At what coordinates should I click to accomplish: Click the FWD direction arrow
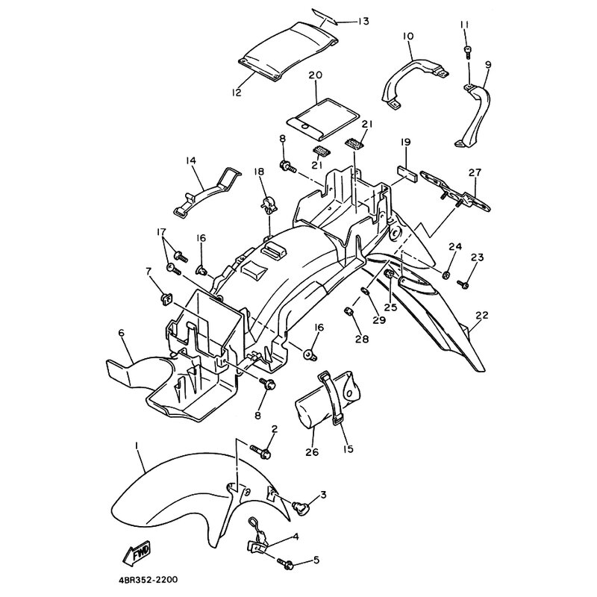click(137, 553)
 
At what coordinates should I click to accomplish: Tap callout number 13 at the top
click(363, 21)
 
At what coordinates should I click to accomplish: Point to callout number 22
click(482, 315)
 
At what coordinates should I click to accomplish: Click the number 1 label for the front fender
click(137, 445)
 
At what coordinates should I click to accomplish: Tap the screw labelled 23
click(463, 284)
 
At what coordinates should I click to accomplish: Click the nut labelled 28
click(348, 313)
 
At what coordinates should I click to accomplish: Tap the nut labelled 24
click(446, 274)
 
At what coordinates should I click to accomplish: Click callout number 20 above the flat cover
click(316, 75)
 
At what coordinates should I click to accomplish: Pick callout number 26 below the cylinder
click(312, 452)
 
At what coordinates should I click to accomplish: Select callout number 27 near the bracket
click(475, 173)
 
